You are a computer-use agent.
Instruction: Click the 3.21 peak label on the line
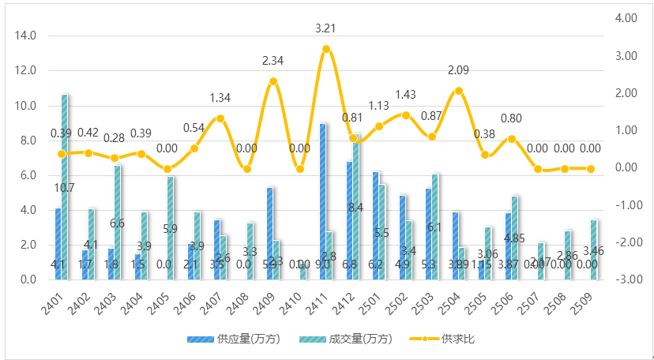[x=325, y=28]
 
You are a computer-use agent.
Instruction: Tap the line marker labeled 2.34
[x=273, y=81]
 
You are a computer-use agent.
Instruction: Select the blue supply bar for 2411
[x=322, y=201]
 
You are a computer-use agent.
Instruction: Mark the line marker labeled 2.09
[x=459, y=91]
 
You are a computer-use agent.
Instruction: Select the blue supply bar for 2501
[x=375, y=225]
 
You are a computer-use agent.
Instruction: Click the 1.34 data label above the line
[x=220, y=98]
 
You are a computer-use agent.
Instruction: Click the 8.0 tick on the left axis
[x=28, y=141]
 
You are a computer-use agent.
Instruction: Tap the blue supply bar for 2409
[x=269, y=233]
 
